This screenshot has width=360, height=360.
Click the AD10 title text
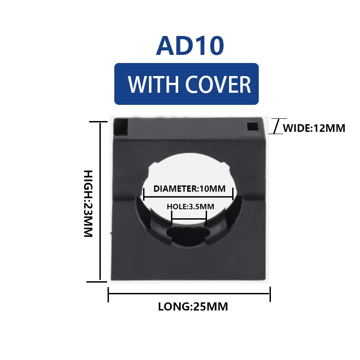(189, 46)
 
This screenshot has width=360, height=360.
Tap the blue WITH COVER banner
(186, 84)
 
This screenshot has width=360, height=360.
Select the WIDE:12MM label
(314, 128)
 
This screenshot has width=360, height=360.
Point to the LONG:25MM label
(193, 307)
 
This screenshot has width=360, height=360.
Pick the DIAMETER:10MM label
(189, 189)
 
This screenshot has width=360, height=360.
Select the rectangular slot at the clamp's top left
(121, 127)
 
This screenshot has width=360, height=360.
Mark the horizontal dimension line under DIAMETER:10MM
(188, 197)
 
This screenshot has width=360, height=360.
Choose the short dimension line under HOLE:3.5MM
(189, 220)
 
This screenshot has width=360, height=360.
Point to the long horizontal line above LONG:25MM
(189, 294)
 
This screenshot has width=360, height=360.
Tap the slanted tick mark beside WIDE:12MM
(276, 126)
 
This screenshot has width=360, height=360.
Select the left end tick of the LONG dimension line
(108, 294)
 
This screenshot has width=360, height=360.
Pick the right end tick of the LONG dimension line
(270, 294)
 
